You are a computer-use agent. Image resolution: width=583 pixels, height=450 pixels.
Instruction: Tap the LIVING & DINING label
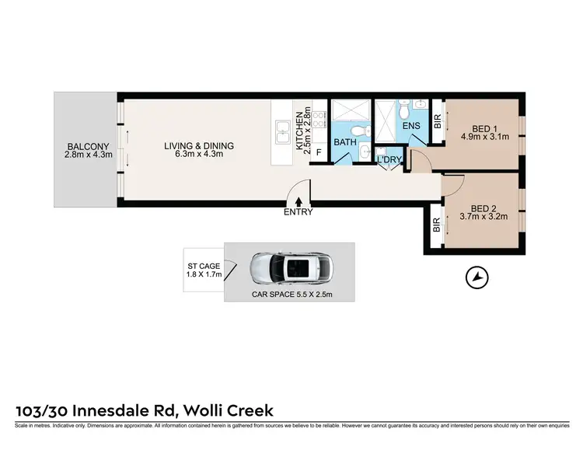point(198,145)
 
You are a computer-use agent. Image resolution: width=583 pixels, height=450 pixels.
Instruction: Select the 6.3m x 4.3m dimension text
point(198,155)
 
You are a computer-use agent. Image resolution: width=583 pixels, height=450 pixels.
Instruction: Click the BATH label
point(345,143)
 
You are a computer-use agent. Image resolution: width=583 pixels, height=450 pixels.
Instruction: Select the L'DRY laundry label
point(388,160)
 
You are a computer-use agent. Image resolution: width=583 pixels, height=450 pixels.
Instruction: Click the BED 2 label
point(483,208)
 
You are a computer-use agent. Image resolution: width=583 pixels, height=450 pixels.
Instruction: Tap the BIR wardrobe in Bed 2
point(436,225)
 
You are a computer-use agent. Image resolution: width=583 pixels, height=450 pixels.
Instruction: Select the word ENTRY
point(298,212)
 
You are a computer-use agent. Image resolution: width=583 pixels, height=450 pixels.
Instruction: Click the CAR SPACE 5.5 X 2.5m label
point(289,295)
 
